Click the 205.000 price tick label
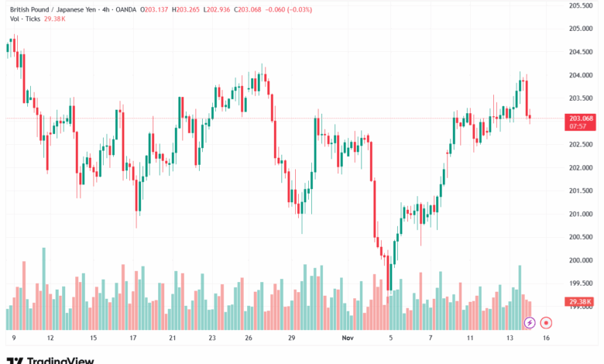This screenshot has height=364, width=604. click(581, 29)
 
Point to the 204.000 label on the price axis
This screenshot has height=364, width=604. click(581, 75)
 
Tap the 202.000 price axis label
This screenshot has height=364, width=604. click(581, 167)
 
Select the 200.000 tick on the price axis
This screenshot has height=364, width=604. click(581, 260)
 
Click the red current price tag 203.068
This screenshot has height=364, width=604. click(581, 118)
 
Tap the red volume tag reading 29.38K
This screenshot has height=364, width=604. click(581, 301)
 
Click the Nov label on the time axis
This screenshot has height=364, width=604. click(348, 338)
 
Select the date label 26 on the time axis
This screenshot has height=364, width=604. click(248, 338)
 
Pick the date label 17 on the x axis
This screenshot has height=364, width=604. click(133, 338)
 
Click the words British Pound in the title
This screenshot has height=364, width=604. click(30, 9)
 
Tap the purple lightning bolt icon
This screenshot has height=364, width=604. click(530, 322)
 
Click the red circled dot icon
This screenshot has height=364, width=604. click(546, 322)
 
